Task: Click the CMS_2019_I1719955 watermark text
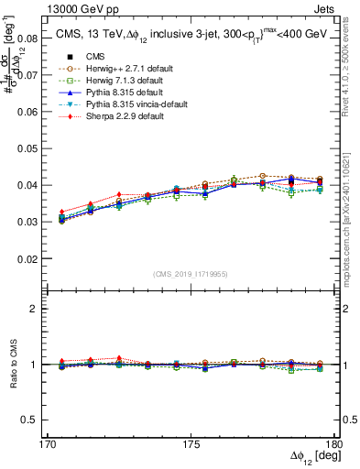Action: tap(191, 273)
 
